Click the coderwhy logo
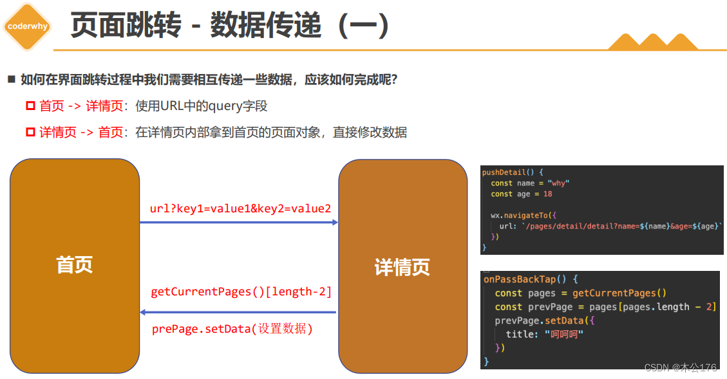click(x=27, y=26)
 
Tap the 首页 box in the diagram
click(x=75, y=265)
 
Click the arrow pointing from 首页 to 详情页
click(x=238, y=223)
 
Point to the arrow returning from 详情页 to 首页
click(x=238, y=313)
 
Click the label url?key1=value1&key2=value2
click(x=240, y=208)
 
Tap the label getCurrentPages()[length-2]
click(x=241, y=292)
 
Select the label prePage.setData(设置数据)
click(x=232, y=329)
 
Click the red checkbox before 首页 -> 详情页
click(x=30, y=106)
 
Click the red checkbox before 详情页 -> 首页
click(x=30, y=132)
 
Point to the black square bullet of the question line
click(x=11, y=80)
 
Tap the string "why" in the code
click(x=558, y=183)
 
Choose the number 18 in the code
click(x=547, y=194)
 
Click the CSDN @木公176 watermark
click(x=680, y=367)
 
